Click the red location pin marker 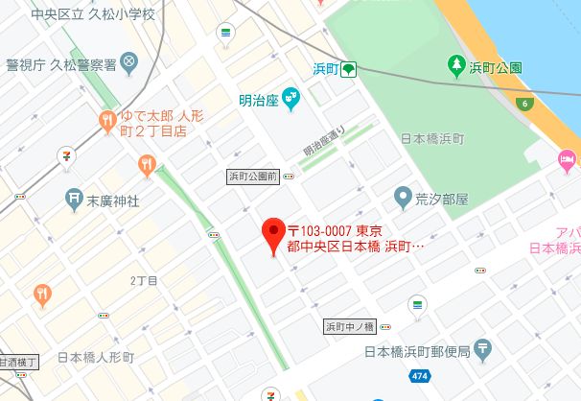tap(272, 231)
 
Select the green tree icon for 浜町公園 tap(457, 66)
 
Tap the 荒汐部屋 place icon tap(404, 199)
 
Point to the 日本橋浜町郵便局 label tap(416, 352)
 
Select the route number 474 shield tap(419, 375)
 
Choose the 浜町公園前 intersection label tap(252, 177)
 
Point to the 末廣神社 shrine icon tap(75, 200)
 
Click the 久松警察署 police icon tap(129, 64)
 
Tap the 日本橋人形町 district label tap(96, 358)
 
